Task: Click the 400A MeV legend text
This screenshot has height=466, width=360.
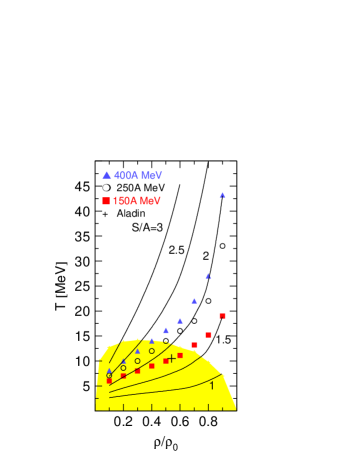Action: point(138,175)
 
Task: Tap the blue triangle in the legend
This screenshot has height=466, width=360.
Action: point(107,175)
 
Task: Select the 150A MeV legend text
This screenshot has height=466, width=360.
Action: point(137,201)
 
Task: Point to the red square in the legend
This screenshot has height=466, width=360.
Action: point(106,201)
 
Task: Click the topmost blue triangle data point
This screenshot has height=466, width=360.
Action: point(222,195)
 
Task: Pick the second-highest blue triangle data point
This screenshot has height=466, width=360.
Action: point(208,276)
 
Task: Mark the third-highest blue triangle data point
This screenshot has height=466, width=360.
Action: point(194,301)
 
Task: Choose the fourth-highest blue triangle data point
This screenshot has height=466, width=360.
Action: point(180,321)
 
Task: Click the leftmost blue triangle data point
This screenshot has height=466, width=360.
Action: point(110,371)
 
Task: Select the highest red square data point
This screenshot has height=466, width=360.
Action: point(222,316)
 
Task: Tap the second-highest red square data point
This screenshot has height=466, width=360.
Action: point(208,335)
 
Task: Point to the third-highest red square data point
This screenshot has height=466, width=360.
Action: point(194,345)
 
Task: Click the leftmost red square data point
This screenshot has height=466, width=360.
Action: point(110,380)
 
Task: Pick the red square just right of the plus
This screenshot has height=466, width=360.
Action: point(180,355)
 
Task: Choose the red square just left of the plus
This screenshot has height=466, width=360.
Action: point(166,361)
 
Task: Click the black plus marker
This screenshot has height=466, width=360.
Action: point(172,358)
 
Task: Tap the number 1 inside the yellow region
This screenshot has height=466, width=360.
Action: point(211,385)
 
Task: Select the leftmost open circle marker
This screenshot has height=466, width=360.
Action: point(110,376)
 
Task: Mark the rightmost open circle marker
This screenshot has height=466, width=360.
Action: point(166,341)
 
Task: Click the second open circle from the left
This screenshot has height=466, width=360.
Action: point(124,367)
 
